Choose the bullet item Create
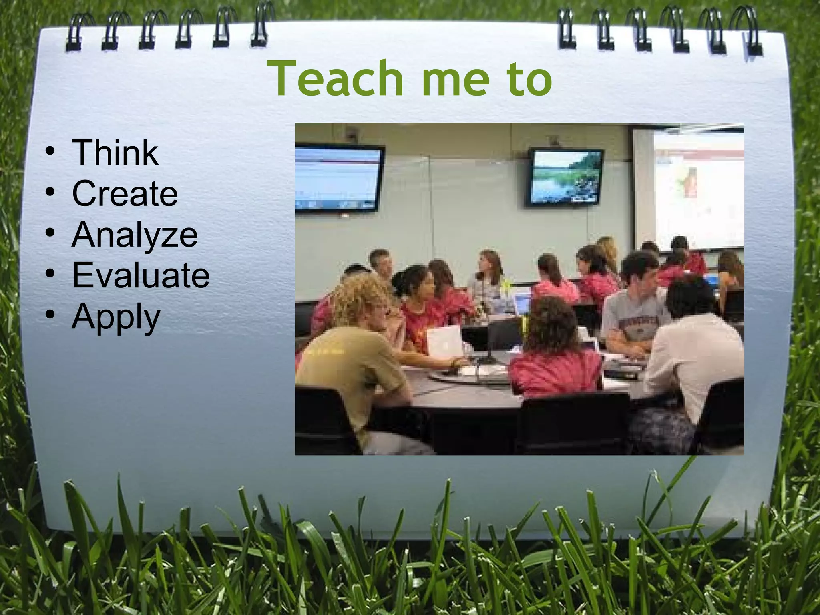[x=125, y=193]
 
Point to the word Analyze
[x=135, y=235]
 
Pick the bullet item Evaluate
[x=141, y=275]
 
